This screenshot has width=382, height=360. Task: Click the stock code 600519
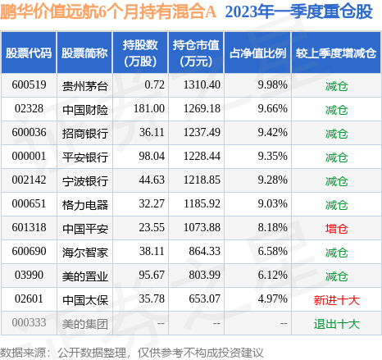click(x=29, y=84)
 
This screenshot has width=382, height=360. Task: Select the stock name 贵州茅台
click(x=85, y=86)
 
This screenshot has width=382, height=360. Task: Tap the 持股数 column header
click(x=140, y=53)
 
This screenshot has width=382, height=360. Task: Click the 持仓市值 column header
click(x=196, y=53)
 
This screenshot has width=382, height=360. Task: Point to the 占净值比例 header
click(x=257, y=53)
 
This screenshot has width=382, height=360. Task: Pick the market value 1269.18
click(x=202, y=108)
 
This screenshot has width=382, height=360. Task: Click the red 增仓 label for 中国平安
click(x=336, y=229)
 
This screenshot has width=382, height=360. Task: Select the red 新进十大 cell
click(x=336, y=300)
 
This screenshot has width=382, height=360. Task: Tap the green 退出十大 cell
click(x=336, y=324)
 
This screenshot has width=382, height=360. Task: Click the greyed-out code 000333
click(x=29, y=322)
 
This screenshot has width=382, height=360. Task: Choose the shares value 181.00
click(x=149, y=108)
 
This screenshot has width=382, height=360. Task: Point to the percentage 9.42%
click(x=272, y=132)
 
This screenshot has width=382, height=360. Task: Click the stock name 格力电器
click(x=85, y=205)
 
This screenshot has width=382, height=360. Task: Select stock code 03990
click(x=29, y=275)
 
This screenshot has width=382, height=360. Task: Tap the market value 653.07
click(x=204, y=298)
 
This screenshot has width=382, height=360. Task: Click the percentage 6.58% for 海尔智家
click(x=272, y=251)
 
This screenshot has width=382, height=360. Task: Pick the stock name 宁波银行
click(x=85, y=181)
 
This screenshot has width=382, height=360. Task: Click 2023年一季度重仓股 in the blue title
click(x=299, y=11)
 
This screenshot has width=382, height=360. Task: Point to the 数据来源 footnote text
click(x=23, y=353)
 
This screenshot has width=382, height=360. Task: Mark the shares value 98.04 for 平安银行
click(x=152, y=156)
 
